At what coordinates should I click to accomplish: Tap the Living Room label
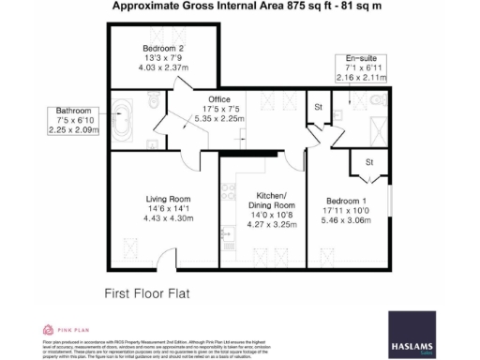[168, 199]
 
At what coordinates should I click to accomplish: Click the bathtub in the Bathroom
[122, 112]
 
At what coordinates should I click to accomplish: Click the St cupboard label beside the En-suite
[319, 107]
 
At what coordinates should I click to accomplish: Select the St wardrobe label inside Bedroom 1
[369, 161]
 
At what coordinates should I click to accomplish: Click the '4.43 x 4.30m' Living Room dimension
[169, 218]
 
